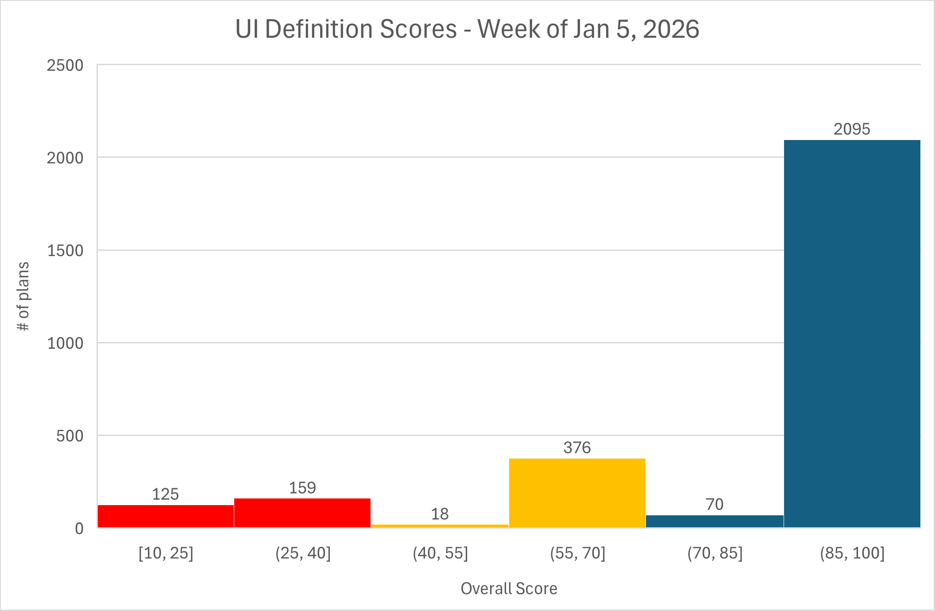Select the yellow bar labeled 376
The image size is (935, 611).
tap(577, 493)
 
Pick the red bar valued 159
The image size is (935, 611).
tap(302, 513)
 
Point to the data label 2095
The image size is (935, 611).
tap(852, 129)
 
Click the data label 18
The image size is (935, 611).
tap(440, 514)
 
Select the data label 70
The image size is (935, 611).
tap(715, 504)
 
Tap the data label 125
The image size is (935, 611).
tap(165, 494)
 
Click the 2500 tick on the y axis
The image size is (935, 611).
tap(65, 66)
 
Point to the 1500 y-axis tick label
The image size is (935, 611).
tap(65, 251)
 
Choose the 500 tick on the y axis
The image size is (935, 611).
tap(70, 436)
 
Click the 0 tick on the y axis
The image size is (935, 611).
tap(79, 529)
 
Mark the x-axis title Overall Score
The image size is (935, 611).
tap(509, 588)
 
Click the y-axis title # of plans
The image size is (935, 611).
tap(23, 296)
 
